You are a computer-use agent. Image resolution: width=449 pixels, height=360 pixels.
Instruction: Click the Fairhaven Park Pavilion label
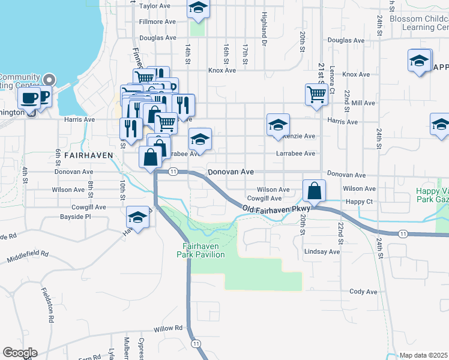click(200, 250)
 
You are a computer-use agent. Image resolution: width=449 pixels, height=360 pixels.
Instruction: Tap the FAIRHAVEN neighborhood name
click(88, 155)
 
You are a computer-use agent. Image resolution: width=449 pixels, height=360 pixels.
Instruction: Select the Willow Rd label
click(167, 329)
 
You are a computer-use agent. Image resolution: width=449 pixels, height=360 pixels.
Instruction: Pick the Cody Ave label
click(363, 292)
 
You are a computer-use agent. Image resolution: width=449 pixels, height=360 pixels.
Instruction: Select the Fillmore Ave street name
click(157, 22)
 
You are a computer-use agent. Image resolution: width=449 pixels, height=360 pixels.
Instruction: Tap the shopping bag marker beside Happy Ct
click(314, 191)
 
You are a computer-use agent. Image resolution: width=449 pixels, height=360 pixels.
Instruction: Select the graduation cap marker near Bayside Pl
click(138, 218)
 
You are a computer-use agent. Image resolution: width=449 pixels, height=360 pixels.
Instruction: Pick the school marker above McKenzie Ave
click(278, 125)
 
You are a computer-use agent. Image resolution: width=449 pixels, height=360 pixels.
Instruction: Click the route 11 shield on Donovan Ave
click(173, 172)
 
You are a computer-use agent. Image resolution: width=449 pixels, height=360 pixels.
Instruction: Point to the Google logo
click(20, 353)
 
